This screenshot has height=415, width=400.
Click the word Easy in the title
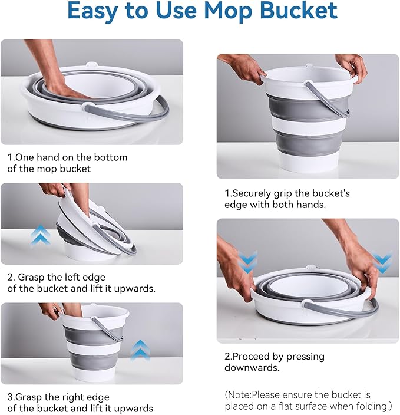[96, 11]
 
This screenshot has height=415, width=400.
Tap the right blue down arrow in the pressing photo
[382, 262]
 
